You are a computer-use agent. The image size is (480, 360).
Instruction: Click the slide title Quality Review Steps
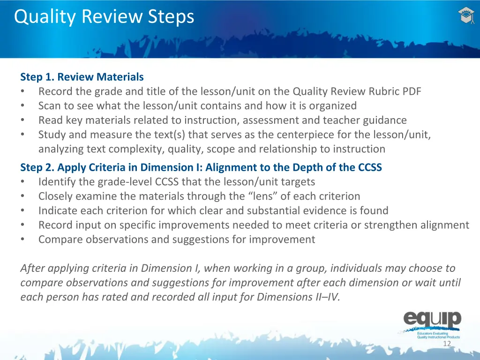pyautogui.click(x=104, y=17)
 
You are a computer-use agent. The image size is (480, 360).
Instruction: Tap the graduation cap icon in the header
pyautogui.click(x=465, y=16)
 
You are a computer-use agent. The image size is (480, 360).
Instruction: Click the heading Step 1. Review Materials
pyautogui.click(x=82, y=77)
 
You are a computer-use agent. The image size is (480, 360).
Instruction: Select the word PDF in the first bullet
pyautogui.click(x=412, y=91)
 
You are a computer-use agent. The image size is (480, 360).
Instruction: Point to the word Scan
pyautogui.click(x=49, y=106)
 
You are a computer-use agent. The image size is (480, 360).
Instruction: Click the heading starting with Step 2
pyautogui.click(x=201, y=167)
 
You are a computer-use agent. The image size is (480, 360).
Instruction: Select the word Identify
pyautogui.click(x=56, y=182)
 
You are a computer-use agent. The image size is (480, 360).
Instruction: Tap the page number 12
pyautogui.click(x=447, y=344)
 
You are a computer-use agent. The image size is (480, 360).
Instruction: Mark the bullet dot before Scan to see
pyautogui.click(x=23, y=106)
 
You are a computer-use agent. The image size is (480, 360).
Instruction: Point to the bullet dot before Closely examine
pyautogui.click(x=23, y=196)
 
